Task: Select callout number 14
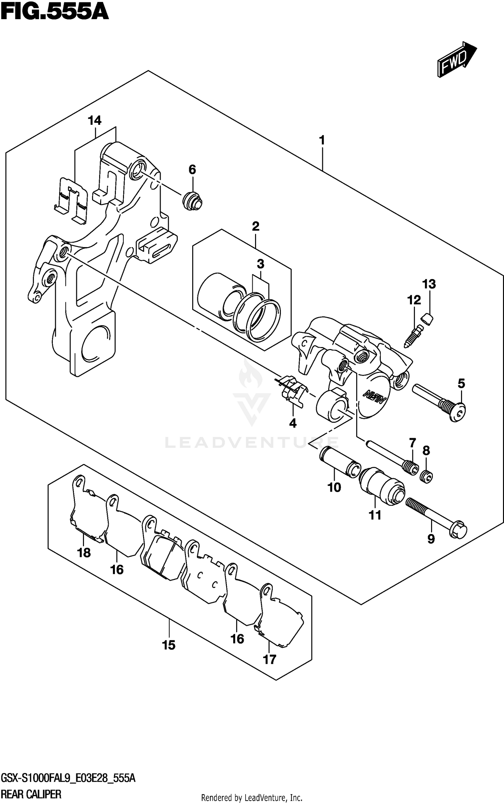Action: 95,120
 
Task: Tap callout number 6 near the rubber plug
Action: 192,169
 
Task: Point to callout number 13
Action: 429,284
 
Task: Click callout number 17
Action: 269,659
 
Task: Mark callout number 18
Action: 84,552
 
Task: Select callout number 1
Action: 322,140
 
